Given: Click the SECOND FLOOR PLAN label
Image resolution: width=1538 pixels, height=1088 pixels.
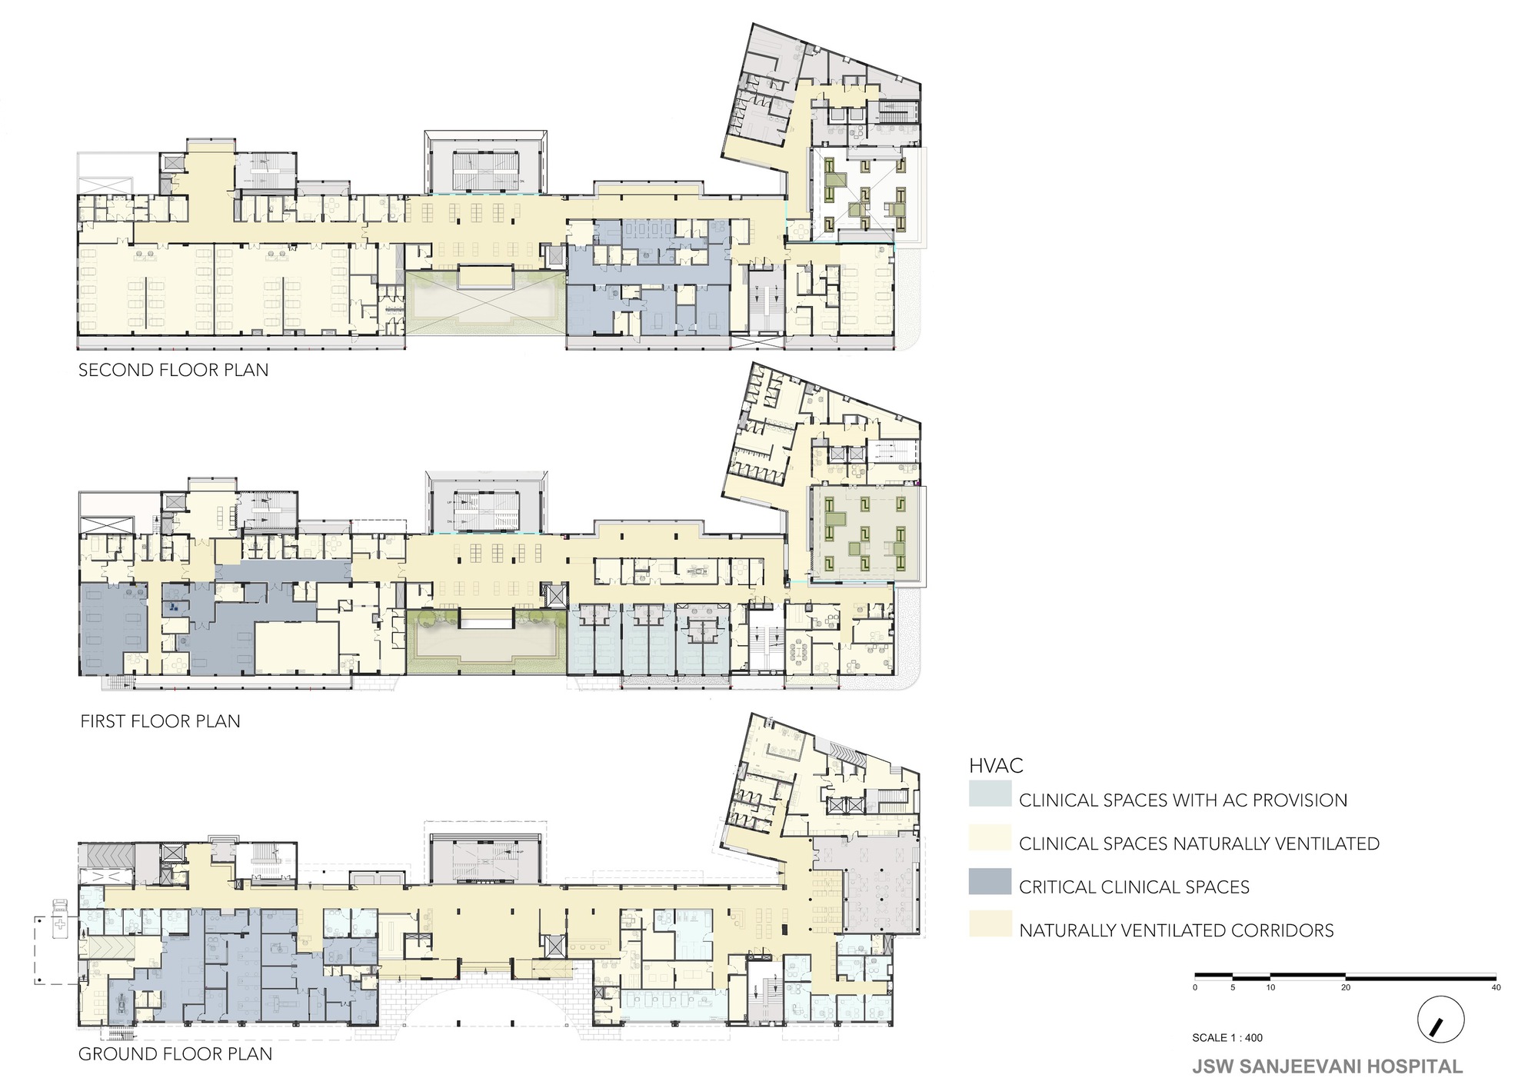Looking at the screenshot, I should point(173,370).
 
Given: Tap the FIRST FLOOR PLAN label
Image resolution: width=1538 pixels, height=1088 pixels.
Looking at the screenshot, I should point(160,721).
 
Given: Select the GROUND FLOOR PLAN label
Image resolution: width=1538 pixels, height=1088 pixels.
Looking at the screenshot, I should point(175,1054).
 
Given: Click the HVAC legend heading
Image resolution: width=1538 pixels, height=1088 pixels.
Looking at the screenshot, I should point(996,766).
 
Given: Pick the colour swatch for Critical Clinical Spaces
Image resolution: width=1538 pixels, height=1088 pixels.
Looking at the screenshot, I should point(990,881).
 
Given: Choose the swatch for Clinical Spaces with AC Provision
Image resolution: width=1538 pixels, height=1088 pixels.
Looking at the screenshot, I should point(990,794).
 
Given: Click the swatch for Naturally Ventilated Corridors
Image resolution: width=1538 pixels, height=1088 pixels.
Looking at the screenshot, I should point(990,924).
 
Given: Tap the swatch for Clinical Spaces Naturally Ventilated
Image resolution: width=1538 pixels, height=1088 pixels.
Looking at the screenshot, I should point(990,838).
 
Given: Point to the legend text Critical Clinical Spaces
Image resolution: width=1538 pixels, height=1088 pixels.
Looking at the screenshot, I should point(1134,887).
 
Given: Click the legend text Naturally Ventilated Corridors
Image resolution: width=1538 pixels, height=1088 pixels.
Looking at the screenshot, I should point(1176,930).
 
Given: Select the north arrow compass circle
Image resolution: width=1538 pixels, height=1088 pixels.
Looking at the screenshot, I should point(1440,1020).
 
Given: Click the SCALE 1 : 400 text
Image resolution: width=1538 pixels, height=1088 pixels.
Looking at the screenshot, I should point(1227,1038).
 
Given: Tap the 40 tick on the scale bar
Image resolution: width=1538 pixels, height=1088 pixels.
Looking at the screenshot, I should point(1496,987).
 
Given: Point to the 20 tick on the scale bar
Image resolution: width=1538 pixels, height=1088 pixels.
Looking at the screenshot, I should point(1346,987).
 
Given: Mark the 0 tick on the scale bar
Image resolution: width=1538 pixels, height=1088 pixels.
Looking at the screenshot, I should point(1195,987).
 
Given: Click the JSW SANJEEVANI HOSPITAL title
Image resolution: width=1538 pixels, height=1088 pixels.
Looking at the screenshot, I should point(1327,1066).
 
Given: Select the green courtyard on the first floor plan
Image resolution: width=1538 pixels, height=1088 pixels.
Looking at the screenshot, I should point(486,642).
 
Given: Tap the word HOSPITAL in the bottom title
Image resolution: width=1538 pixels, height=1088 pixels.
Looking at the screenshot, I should point(1416,1066).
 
